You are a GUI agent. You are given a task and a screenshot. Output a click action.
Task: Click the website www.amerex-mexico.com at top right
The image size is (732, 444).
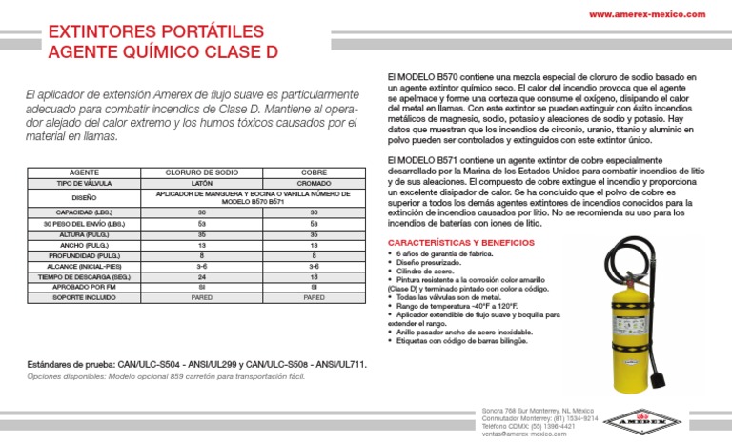647,14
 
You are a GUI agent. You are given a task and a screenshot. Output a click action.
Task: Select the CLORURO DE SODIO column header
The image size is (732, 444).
201,173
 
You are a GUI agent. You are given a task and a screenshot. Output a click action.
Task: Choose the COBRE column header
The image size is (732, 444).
314,173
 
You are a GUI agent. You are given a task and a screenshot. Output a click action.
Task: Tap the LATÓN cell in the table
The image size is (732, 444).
201,183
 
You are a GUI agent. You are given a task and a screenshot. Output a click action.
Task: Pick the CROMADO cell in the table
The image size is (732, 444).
314,183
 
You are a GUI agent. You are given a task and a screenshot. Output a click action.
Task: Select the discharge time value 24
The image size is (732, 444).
201,276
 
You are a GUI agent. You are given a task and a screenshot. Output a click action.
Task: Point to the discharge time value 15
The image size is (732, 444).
314,276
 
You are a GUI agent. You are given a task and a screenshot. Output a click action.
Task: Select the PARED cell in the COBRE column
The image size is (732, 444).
314,297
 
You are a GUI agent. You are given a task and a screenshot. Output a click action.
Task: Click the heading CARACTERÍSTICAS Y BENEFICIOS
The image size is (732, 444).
452,243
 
